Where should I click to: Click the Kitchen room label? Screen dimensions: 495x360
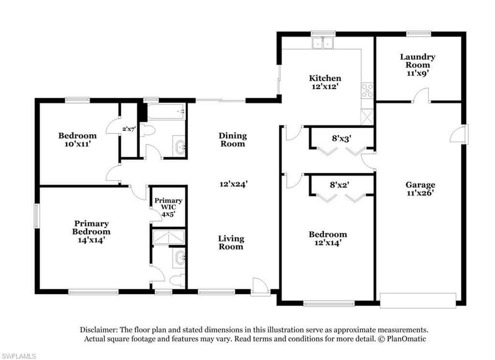coord(325,78)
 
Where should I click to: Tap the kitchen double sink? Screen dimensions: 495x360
coord(322,43)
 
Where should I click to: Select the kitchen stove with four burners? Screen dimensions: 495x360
coord(367,90)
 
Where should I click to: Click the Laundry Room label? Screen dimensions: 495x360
coord(418,60)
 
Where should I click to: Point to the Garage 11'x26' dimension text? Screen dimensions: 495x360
coord(420,193)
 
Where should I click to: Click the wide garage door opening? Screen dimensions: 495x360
coord(418,300)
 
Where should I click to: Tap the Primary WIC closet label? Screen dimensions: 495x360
coord(168,204)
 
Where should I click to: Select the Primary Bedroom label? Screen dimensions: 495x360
coord(91,227)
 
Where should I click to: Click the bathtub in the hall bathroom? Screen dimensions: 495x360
coord(167,112)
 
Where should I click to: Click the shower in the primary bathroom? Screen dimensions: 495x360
coord(168,238)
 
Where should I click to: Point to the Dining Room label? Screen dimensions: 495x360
coord(233,140)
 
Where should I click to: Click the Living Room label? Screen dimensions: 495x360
coord(231,242)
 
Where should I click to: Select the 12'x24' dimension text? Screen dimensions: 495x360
coord(233,184)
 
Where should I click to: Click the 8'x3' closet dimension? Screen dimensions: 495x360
coord(342,138)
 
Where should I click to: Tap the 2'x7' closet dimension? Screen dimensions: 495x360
coord(129,129)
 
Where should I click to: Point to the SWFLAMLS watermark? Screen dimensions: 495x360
coord(18,356)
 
